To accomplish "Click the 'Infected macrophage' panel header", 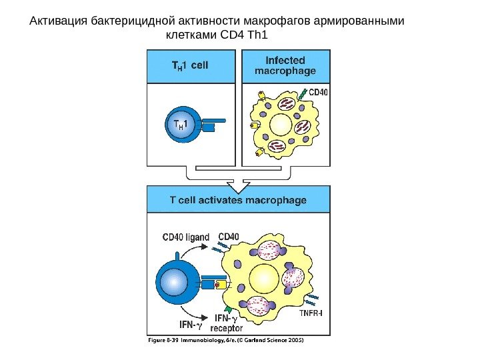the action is click(x=286, y=66).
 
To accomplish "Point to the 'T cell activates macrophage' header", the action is click(x=238, y=199).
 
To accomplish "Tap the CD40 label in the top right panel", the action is click(x=318, y=93).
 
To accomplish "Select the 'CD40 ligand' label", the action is click(x=186, y=237).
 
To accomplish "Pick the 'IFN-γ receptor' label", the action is click(x=226, y=323).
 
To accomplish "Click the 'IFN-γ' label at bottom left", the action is click(x=189, y=326).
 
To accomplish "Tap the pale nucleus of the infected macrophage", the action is click(x=279, y=125).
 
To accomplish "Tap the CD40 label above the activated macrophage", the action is click(x=229, y=235).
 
